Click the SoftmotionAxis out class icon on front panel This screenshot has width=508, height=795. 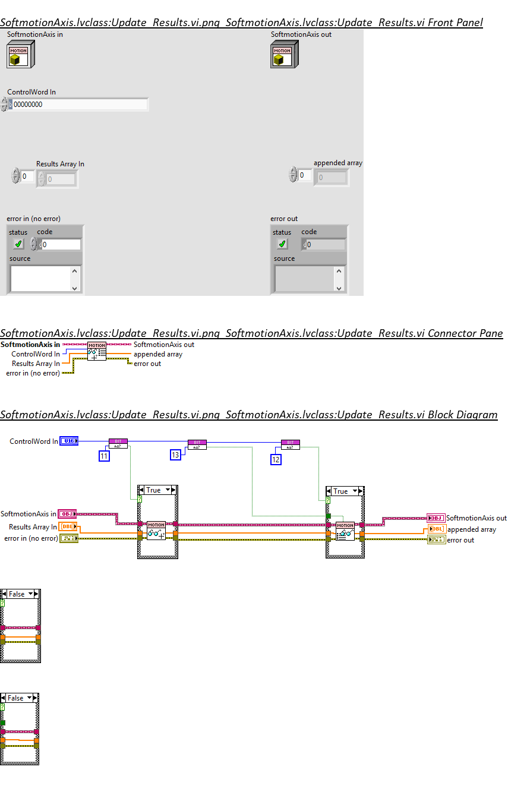283,55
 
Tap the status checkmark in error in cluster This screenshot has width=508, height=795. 18,244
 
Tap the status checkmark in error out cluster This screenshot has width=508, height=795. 282,244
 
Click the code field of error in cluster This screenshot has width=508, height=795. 61,244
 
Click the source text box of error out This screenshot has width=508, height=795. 304,278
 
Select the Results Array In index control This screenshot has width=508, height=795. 28,176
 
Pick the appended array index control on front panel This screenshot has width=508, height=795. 305,175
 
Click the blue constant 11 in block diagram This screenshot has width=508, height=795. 105,456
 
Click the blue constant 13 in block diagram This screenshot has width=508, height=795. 175,455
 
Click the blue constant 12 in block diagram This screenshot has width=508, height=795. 276,459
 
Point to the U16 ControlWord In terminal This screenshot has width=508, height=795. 69,441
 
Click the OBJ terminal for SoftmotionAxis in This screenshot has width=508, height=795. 67,514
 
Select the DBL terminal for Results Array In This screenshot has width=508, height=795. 68,526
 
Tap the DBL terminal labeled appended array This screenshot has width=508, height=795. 437,529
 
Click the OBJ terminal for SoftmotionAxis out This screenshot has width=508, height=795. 436,518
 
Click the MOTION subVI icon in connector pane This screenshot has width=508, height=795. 97,351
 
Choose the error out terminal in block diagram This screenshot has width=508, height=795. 437,540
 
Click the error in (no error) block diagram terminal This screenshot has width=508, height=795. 68,538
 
